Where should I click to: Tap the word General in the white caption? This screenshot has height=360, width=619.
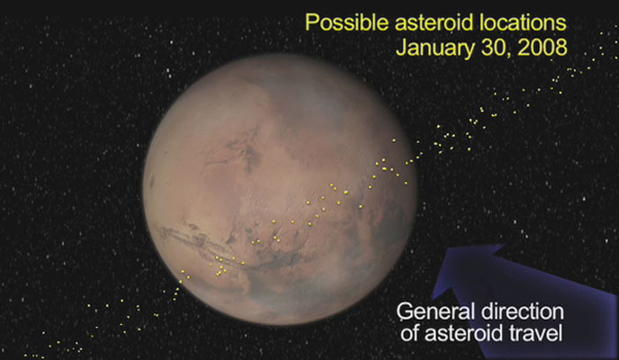click(x=435, y=311)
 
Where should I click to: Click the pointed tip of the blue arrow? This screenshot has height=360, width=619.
click(x=505, y=245)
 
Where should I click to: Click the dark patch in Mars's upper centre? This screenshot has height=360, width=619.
click(x=247, y=150)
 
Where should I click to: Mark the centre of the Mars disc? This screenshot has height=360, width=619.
click(x=281, y=189)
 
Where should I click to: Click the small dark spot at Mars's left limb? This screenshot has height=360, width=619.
click(x=151, y=183)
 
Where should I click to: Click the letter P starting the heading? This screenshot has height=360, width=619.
click(x=311, y=22)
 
